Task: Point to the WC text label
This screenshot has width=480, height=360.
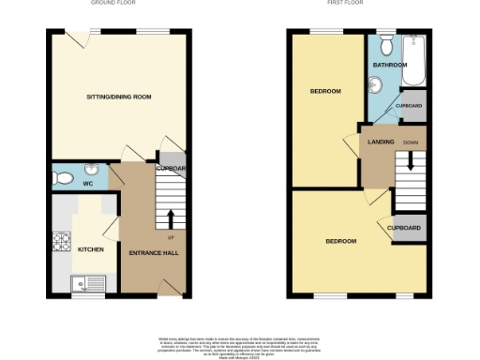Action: pos(87,184)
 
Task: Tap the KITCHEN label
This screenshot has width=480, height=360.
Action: pos(90,249)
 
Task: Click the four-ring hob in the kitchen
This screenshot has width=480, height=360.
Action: pos(62,242)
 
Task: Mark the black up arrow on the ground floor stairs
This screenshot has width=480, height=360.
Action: pos(171,218)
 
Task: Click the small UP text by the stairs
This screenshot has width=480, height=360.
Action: pos(171,237)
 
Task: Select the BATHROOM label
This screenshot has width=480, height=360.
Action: pos(389,65)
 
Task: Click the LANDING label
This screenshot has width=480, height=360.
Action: pos(382,142)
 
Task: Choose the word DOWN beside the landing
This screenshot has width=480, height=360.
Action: pos(411,142)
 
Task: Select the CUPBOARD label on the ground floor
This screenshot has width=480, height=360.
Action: pos(172,168)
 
